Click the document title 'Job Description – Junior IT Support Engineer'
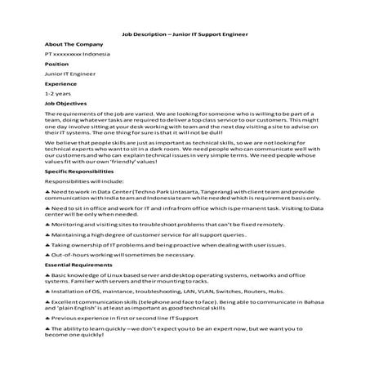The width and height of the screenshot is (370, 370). coord(185,34)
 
